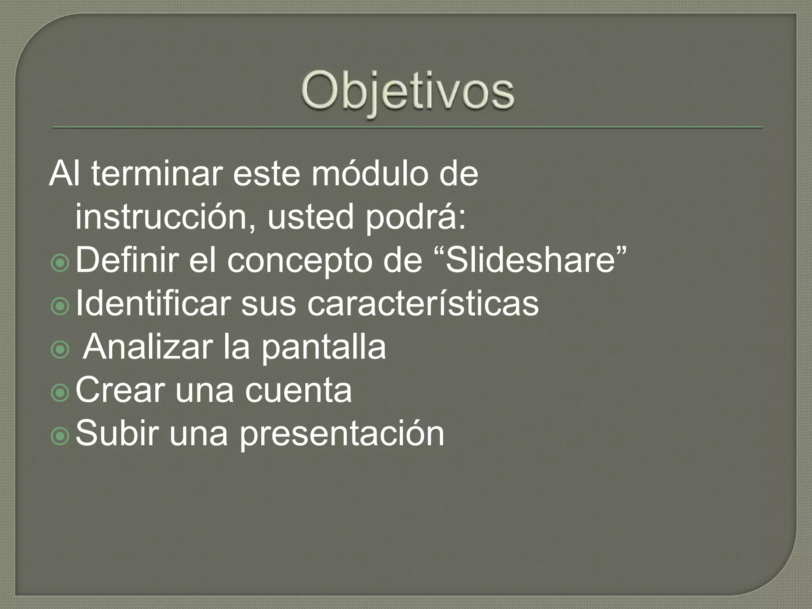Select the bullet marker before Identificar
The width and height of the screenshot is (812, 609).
[60, 306]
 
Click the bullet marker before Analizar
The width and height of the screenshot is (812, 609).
[60, 350]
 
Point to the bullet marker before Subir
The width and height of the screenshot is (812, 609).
[60, 436]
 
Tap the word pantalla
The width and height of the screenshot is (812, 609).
[324, 347]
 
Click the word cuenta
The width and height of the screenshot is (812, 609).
[298, 391]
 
